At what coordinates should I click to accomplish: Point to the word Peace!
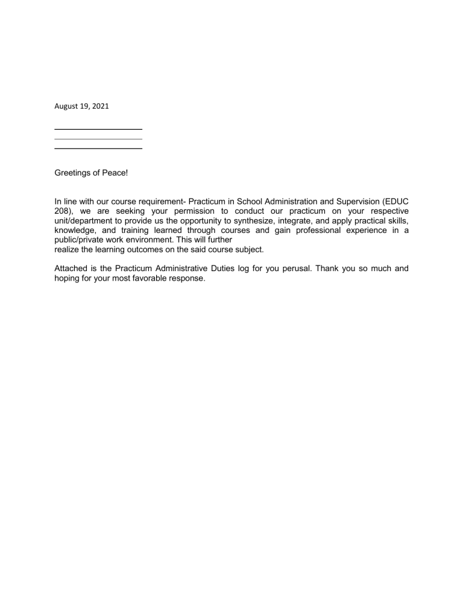[x=116, y=173]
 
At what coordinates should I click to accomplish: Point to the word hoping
[x=68, y=278]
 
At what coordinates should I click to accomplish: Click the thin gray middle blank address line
[x=98, y=139]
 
